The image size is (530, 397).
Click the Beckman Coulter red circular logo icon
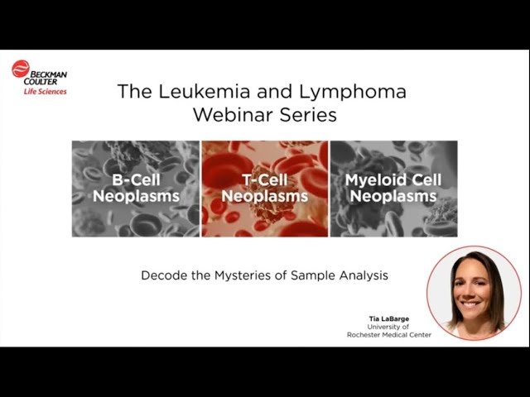tap(20, 70)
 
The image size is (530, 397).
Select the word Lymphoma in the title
tap(358, 91)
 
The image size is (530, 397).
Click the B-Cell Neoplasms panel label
tap(135, 188)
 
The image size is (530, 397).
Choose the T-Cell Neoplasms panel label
tap(264, 188)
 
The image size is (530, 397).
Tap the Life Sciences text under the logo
tap(45, 91)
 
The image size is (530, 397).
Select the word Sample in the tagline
tap(310, 275)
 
